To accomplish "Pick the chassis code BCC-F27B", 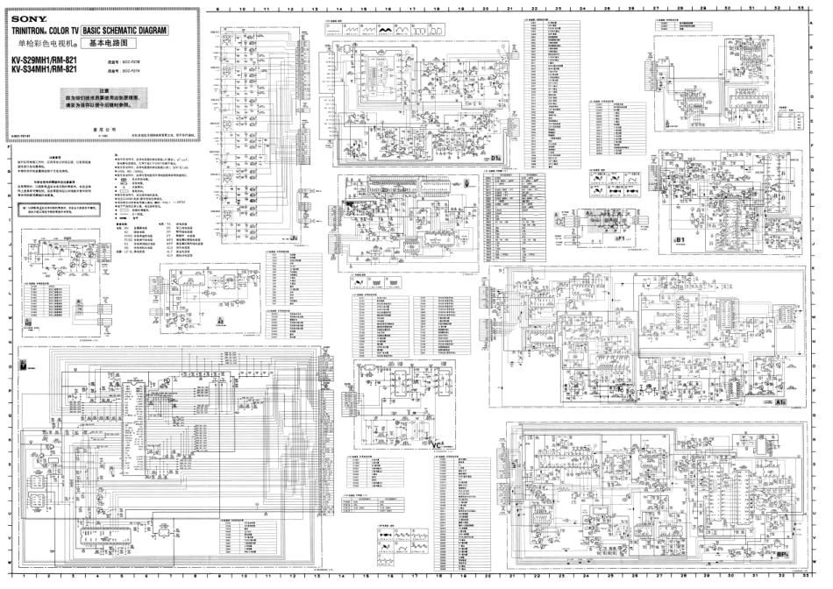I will (x=134, y=63).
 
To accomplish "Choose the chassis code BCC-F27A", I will (x=134, y=74).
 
